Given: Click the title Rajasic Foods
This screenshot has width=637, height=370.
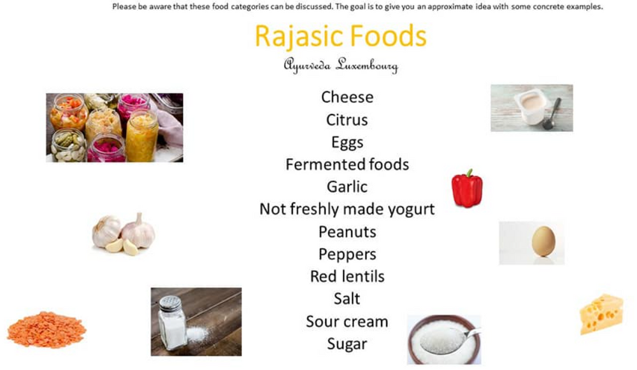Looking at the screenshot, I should point(341,37).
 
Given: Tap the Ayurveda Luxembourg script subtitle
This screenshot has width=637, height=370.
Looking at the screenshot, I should point(341,66).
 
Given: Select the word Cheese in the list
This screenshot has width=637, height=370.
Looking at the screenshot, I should point(347,97).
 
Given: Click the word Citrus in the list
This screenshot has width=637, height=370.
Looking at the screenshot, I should point(347,120).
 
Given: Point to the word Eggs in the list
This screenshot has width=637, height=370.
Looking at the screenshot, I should point(347,142).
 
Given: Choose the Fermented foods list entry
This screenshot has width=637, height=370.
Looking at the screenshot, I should point(347,164).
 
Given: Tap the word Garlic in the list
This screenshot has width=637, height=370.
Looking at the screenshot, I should point(347,187).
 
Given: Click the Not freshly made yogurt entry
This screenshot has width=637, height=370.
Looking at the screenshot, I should point(347,209).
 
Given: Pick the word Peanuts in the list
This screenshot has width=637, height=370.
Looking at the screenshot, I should point(347,232).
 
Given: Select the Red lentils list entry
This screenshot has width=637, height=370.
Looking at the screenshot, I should point(347,276).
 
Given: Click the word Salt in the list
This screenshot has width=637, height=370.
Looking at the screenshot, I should point(347,299).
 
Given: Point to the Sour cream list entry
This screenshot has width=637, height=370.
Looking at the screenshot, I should point(347,321).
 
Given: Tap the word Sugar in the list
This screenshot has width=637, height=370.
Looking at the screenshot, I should point(347,344).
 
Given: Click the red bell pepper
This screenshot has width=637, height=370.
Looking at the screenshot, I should point(467,189).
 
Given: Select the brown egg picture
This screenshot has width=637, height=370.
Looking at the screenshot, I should point(543,242).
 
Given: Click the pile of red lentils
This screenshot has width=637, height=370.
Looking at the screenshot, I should point(46,329).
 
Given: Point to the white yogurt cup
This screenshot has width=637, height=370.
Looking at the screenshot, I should point(530,106).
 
